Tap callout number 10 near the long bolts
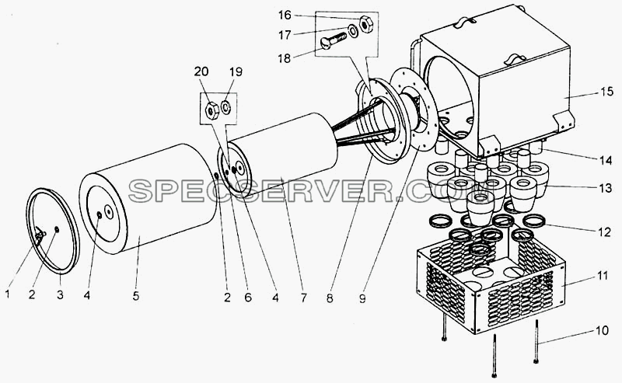(601, 330)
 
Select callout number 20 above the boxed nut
(201, 71)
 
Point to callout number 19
(236, 71)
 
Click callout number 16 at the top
(285, 15)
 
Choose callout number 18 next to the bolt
(285, 58)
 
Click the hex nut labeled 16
(365, 23)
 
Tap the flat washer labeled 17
(352, 30)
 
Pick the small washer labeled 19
(226, 107)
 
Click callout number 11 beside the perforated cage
(603, 275)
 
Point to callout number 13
(606, 188)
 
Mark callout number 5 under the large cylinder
(136, 296)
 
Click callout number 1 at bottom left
(7, 294)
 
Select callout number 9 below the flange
(362, 298)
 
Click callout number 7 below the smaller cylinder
(303, 298)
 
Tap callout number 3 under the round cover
(60, 294)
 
